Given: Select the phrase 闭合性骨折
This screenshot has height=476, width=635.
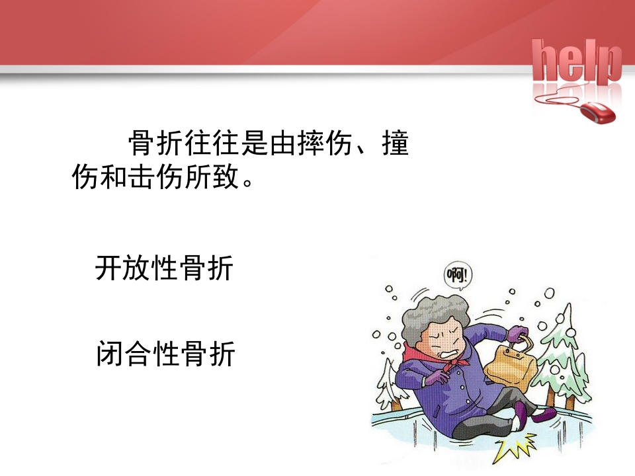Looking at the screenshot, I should click(x=165, y=354).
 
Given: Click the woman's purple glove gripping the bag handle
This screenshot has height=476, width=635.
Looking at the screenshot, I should click(x=518, y=334).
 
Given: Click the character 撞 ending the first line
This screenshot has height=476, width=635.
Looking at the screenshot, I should click(x=395, y=143).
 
